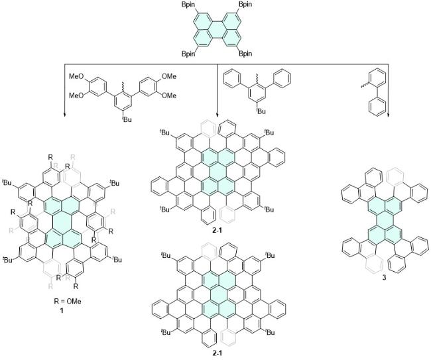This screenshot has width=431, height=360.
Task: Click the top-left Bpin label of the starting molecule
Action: coord(190,5)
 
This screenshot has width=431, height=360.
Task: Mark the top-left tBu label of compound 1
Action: coord(7,181)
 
